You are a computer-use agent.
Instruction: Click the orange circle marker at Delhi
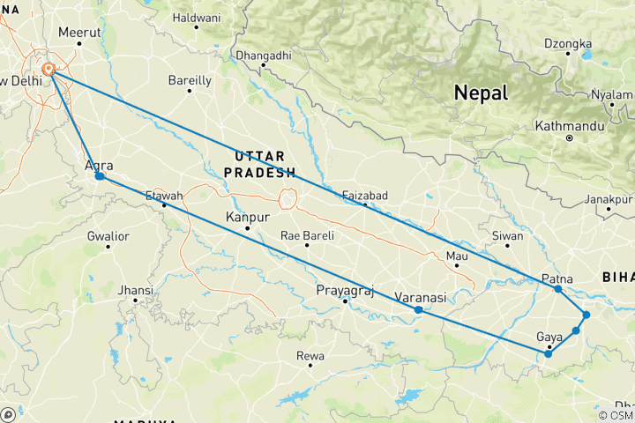(49, 69)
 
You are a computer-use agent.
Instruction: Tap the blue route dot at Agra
(100, 176)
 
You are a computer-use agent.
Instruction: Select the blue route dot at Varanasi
(418, 309)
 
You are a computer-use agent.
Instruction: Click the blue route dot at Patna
(557, 288)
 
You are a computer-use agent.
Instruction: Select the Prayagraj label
(343, 290)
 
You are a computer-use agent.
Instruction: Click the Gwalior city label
(108, 236)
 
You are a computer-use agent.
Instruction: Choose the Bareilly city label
(190, 80)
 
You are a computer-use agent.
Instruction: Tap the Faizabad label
(365, 196)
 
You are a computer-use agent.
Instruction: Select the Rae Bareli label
(307, 235)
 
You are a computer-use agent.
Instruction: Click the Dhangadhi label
(263, 56)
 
